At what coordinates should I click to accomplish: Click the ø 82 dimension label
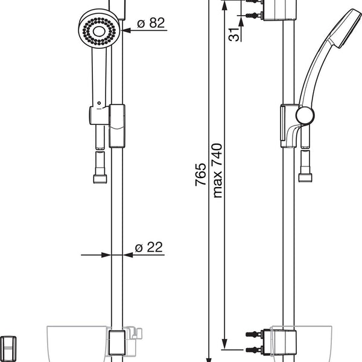click(151, 23)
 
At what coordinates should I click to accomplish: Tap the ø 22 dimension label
click(149, 247)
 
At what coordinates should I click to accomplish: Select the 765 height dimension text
click(200, 174)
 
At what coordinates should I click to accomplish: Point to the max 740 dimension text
click(217, 171)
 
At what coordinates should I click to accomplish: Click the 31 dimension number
click(234, 34)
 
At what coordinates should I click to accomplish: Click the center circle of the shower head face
click(99, 31)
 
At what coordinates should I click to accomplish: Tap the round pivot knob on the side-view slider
click(305, 115)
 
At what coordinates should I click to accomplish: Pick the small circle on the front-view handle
click(99, 103)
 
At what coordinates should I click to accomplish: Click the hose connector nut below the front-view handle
click(100, 179)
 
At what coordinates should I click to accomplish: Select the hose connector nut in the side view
click(305, 177)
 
